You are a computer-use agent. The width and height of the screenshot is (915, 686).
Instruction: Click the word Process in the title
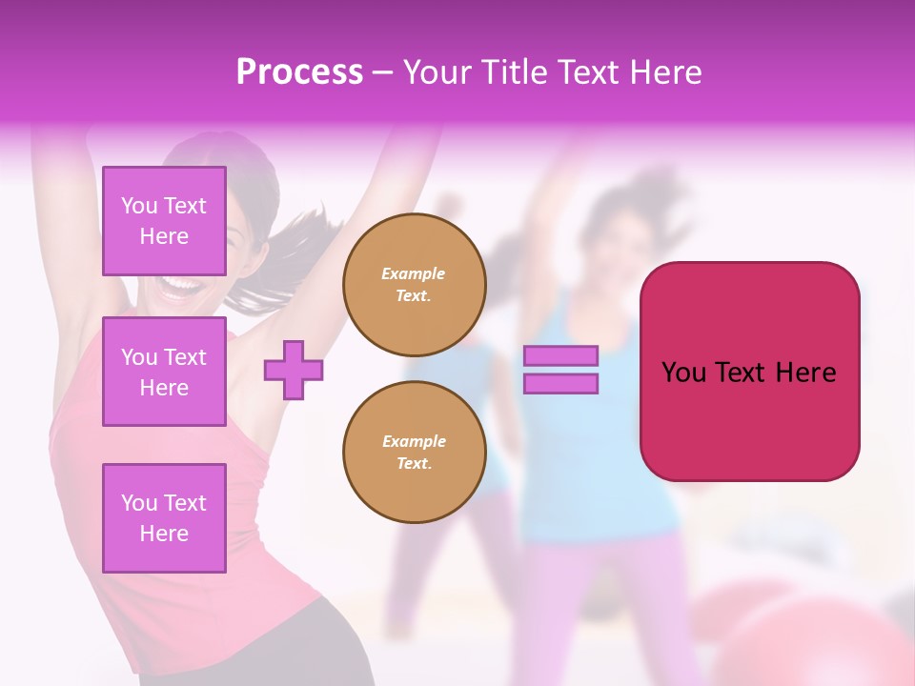299,72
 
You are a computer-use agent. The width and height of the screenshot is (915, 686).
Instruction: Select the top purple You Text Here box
164,221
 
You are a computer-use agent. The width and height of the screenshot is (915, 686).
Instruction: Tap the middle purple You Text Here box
164,372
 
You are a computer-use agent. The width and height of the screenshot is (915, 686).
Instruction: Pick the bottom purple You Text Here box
164,517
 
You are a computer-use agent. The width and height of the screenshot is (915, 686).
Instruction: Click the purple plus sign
293,370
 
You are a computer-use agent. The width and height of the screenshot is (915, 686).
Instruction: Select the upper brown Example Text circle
414,284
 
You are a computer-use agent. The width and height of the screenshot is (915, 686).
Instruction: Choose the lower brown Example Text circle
414,452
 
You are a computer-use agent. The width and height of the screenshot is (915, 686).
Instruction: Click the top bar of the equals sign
560,356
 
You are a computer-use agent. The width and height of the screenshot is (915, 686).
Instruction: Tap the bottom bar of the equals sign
560,383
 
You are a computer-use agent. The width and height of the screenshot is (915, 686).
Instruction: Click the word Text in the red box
741,372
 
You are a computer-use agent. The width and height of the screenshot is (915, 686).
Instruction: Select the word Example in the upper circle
414,273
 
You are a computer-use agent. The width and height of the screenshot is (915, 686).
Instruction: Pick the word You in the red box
683,372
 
